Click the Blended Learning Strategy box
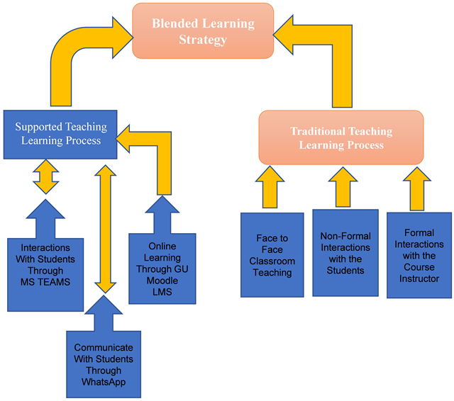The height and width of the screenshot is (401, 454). coord(203,30)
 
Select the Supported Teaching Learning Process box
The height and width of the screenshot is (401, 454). coord(61,134)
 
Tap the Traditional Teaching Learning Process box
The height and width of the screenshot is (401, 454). coord(340,137)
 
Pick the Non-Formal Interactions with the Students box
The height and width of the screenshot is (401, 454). coord(345,254)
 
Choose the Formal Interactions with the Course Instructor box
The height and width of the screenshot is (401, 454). coord(419,254)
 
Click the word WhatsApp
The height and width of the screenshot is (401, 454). coord(104,383)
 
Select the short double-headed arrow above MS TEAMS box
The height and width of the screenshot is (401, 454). coord(47,176)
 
